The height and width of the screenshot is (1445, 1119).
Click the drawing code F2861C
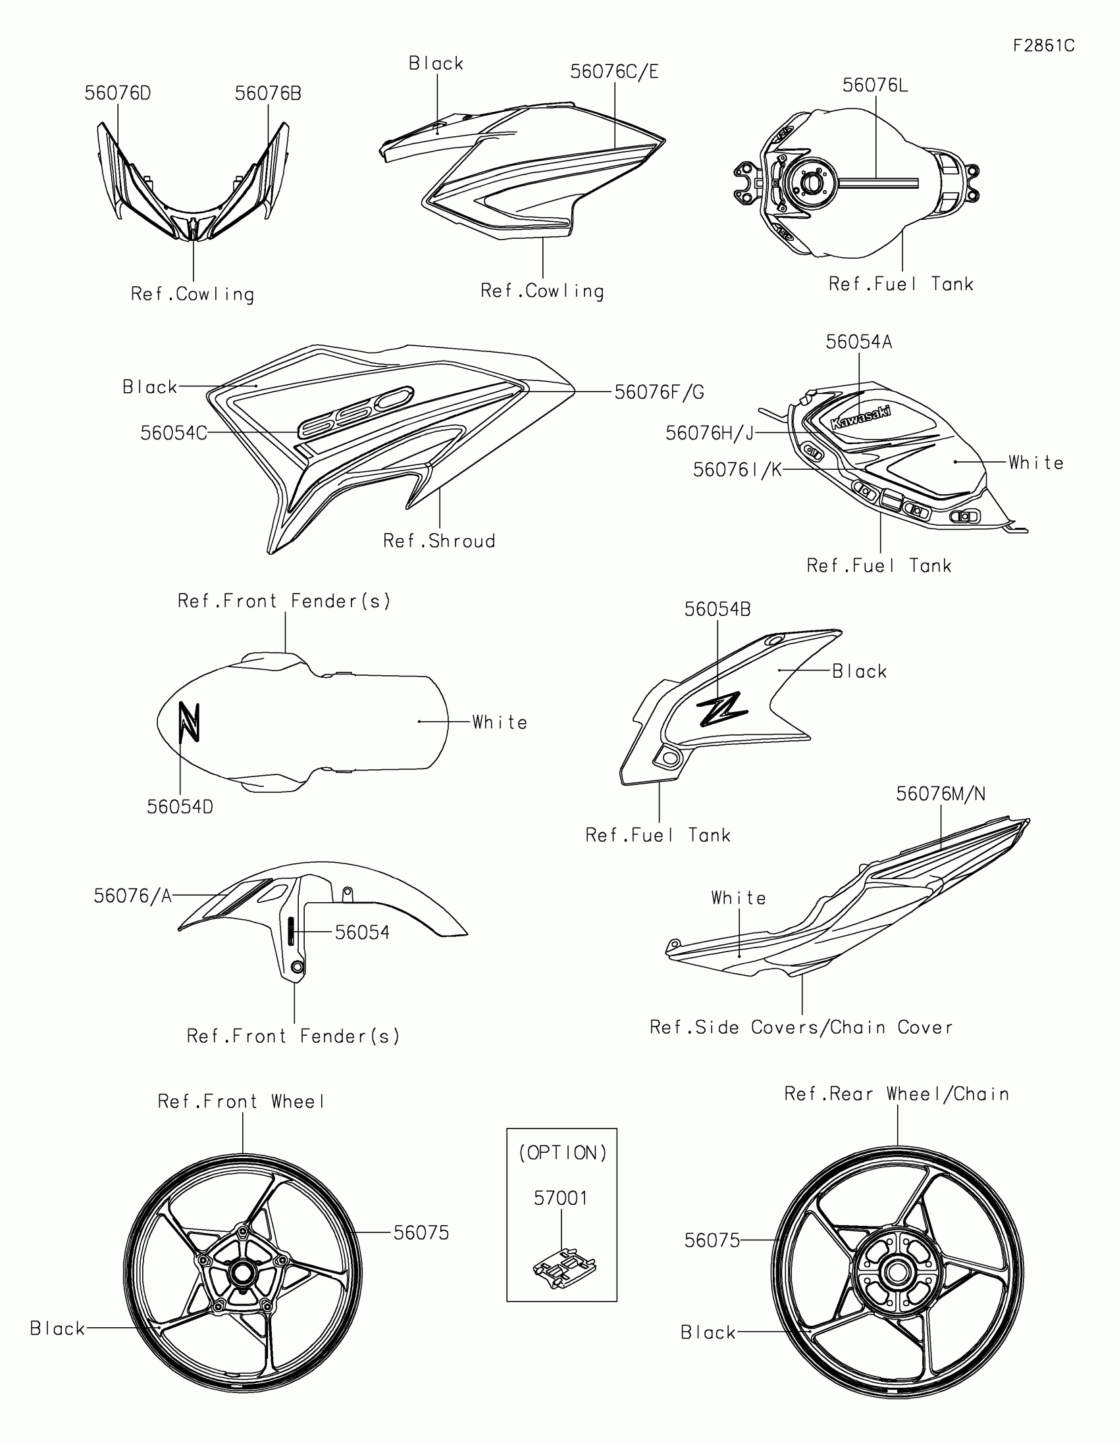click(x=1043, y=45)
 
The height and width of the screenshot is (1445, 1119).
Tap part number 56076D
click(x=118, y=94)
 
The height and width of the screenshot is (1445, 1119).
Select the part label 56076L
click(x=875, y=86)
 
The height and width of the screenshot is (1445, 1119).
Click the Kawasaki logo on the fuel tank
click(x=860, y=416)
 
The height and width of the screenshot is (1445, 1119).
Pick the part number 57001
click(x=561, y=1198)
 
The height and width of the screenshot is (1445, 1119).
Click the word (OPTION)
click(x=563, y=1153)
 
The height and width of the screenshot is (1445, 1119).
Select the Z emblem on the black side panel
click(x=722, y=710)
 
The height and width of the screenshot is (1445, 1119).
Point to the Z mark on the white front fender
click(x=190, y=721)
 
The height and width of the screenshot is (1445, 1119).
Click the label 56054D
click(x=180, y=807)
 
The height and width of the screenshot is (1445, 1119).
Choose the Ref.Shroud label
click(x=440, y=541)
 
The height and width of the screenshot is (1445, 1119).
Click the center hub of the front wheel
click(x=242, y=1273)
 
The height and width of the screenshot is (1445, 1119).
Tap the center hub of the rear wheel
click(x=897, y=1272)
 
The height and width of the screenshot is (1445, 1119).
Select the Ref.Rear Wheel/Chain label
click(x=897, y=1094)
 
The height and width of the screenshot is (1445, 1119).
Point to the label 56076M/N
click(x=941, y=794)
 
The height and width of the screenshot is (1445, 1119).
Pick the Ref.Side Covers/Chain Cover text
click(x=801, y=1028)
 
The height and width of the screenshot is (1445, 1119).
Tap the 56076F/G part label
click(x=659, y=392)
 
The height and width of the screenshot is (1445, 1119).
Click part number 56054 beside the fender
click(x=362, y=932)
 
